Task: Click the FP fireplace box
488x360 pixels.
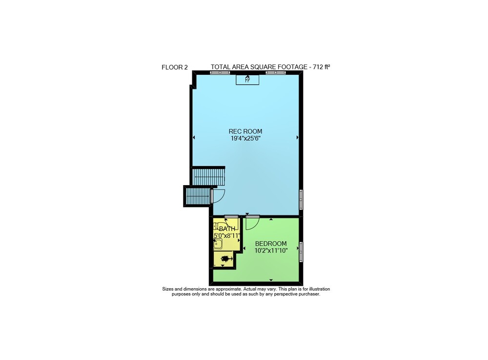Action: tap(247, 80)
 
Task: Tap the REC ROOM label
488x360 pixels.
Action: tap(245, 131)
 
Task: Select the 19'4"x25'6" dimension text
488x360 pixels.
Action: tap(245, 139)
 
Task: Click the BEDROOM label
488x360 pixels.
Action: tap(271, 244)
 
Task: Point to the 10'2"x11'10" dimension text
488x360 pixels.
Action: tap(271, 251)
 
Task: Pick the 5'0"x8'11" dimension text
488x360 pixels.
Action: tap(227, 236)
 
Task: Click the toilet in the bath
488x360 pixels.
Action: tap(222, 226)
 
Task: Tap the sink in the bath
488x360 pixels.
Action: tap(218, 244)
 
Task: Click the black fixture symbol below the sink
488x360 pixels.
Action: tap(226, 259)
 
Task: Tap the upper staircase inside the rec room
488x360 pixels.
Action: tap(208, 176)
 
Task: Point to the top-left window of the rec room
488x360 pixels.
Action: tap(220, 72)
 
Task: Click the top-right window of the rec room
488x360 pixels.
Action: tap(276, 72)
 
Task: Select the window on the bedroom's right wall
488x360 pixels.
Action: tap(301, 252)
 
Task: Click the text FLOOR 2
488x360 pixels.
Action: tap(175, 67)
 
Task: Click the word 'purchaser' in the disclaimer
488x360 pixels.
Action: tap(309, 294)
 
